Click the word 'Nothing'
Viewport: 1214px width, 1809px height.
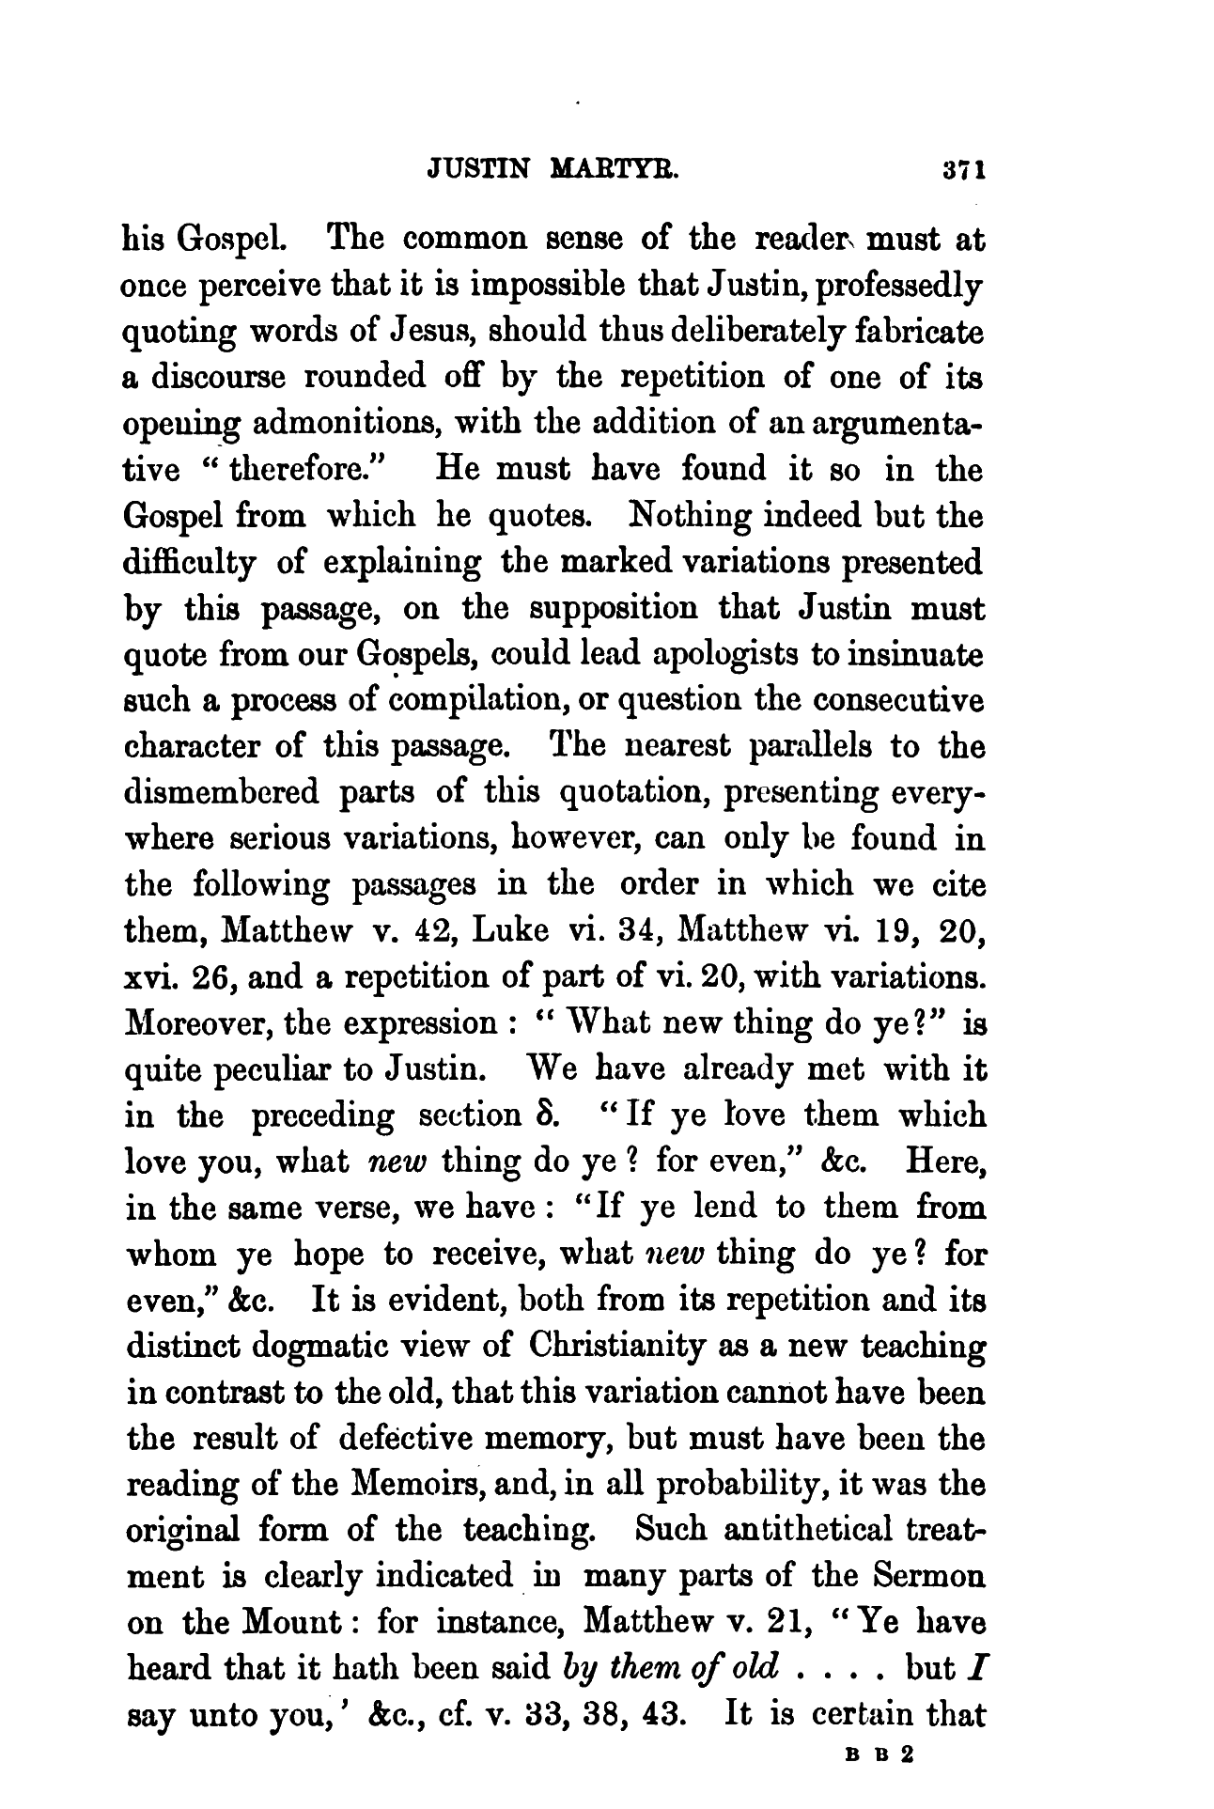coord(692,516)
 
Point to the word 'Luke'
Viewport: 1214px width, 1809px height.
coord(518,931)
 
